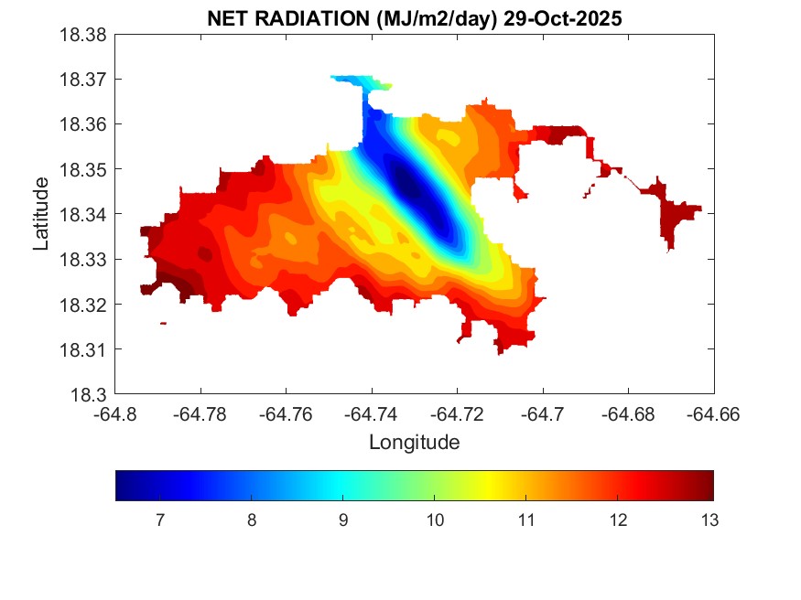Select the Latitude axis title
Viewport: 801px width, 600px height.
pyautogui.click(x=41, y=215)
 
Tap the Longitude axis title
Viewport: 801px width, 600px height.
pyautogui.click(x=414, y=443)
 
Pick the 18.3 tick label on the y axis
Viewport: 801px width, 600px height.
pyautogui.click(x=92, y=395)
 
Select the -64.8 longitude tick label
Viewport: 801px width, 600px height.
pyautogui.click(x=116, y=413)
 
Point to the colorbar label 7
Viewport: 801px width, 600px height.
pyautogui.click(x=160, y=521)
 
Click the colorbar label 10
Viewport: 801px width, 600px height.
pyautogui.click(x=434, y=521)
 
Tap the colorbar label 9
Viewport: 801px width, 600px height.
pyautogui.click(x=342, y=521)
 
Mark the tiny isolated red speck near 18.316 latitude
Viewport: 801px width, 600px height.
pyautogui.click(x=163, y=323)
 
